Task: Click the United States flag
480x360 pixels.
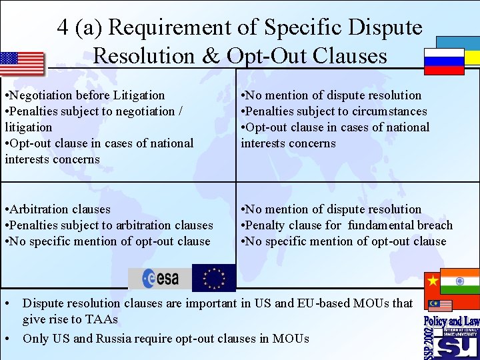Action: pyautogui.click(x=22, y=64)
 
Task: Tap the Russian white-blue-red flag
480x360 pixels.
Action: pyautogui.click(x=444, y=61)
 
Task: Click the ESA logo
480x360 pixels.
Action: pyautogui.click(x=159, y=278)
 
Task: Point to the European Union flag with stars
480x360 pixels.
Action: pyautogui.click(x=213, y=278)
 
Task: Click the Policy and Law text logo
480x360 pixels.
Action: pyautogui.click(x=451, y=321)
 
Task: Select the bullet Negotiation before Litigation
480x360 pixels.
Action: pyautogui.click(x=85, y=95)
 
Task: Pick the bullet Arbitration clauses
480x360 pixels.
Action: pyautogui.click(x=57, y=209)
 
